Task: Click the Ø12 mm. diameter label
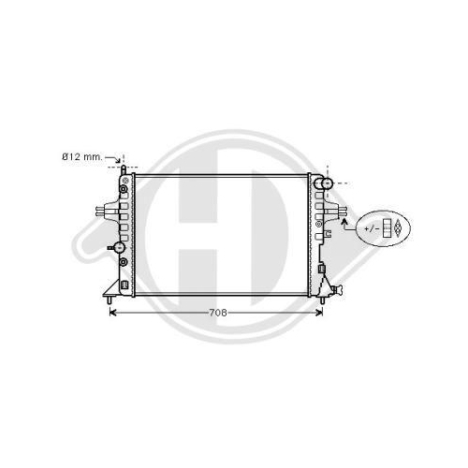tap(82, 157)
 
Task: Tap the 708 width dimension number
tap(218, 313)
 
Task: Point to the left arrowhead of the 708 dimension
tap(112, 313)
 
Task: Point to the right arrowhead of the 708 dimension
tap(319, 313)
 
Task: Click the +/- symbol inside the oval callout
tap(372, 228)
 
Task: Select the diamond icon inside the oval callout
tap(397, 228)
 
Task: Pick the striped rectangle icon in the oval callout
tap(388, 228)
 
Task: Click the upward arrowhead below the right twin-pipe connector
tap(344, 222)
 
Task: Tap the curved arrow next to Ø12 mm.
tap(113, 159)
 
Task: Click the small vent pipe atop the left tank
tap(124, 170)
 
